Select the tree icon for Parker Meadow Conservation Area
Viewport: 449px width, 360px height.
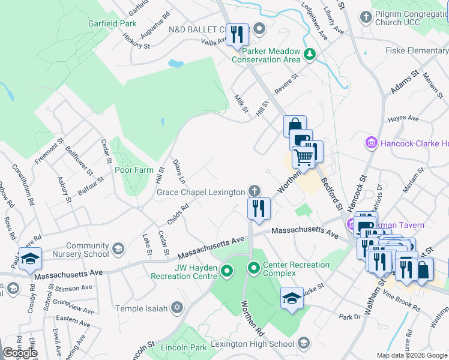(310, 55)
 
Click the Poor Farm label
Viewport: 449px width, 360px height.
(134, 170)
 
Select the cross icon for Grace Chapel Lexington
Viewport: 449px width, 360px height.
(255, 191)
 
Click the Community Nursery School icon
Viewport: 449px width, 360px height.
(119, 249)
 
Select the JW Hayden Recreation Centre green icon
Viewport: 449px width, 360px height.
(226, 272)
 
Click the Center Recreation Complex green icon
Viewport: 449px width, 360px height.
(254, 268)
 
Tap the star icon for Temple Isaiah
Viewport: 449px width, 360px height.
(176, 308)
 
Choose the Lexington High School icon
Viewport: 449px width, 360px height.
(304, 343)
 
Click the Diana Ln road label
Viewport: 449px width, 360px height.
(178, 171)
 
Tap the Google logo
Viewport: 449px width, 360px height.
(20, 353)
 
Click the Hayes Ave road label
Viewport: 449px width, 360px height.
(403, 119)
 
